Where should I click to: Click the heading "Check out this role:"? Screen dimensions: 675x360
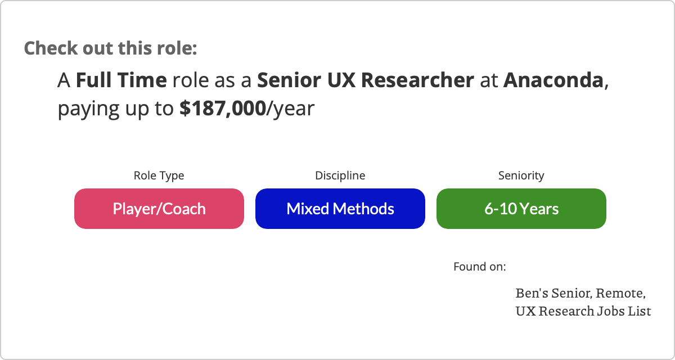111,48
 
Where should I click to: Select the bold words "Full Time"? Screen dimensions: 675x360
121,80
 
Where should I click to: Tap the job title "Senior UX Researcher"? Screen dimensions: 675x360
366,80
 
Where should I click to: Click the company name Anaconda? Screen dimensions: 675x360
553,80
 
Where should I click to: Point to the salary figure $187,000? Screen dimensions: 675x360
223,109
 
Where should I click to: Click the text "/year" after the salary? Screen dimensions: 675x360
290,109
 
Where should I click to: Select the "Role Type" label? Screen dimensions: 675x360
159,175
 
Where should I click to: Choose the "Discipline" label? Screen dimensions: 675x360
340,175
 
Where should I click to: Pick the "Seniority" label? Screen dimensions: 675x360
521,175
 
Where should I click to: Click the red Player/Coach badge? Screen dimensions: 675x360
159,209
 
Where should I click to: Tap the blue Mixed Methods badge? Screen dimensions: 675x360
340,209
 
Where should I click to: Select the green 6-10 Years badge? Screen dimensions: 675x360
521,209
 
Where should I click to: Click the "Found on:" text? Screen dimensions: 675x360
480,267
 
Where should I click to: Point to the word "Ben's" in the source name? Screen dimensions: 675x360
532,293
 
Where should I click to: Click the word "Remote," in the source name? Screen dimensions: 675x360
621,293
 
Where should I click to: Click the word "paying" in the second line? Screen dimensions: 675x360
88,109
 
